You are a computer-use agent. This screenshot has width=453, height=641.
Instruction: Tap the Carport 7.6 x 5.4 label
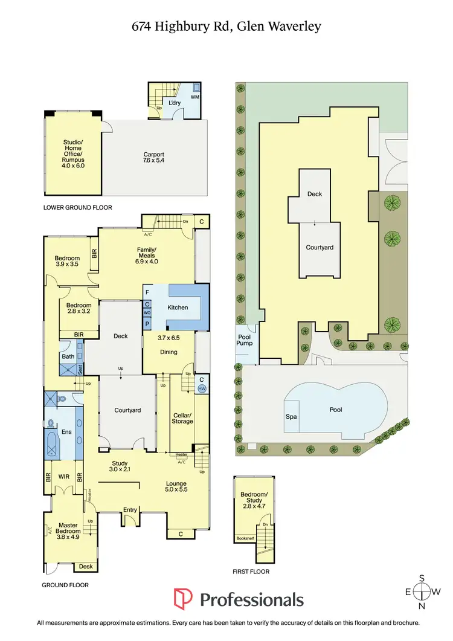click(153, 158)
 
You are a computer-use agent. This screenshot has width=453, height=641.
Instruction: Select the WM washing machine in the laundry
click(194, 97)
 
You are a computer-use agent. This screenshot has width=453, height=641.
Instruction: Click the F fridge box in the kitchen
click(147, 292)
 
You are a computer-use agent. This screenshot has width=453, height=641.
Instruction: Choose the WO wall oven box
click(147, 313)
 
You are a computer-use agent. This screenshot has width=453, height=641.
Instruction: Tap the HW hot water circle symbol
click(202, 389)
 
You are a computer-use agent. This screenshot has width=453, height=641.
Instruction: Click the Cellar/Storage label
click(182, 418)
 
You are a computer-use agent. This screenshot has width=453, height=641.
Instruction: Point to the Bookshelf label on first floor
click(245, 538)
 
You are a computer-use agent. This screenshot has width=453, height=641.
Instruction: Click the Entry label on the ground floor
click(130, 511)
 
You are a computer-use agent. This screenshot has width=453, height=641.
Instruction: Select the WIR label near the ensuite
click(64, 477)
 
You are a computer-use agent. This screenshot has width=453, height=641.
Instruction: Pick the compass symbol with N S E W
click(425, 590)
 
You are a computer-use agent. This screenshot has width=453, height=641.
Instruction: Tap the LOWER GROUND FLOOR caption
click(77, 207)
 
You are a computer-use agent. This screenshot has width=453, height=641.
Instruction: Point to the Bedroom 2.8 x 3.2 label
click(79, 309)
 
